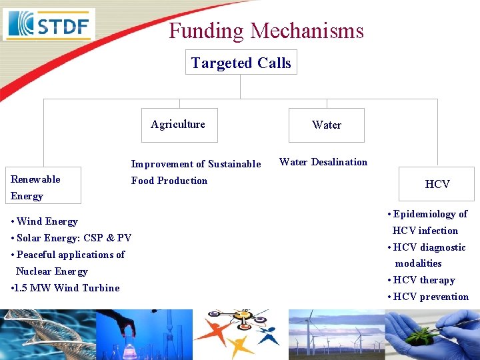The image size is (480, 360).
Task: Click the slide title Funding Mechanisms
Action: click(266, 31)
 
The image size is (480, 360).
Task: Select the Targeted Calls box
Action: click(241, 63)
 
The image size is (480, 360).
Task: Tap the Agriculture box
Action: click(178, 125)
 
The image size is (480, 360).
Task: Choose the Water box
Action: click(326, 125)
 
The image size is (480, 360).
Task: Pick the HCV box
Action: click(437, 184)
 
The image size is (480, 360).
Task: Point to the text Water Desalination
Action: click(323, 162)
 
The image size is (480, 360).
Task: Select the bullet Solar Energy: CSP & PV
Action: click(72, 238)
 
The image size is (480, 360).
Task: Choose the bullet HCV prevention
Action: click(429, 297)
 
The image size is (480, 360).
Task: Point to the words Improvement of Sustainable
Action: click(195, 164)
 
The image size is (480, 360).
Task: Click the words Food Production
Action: click(169, 181)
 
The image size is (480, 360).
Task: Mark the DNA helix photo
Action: click(47, 335)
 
